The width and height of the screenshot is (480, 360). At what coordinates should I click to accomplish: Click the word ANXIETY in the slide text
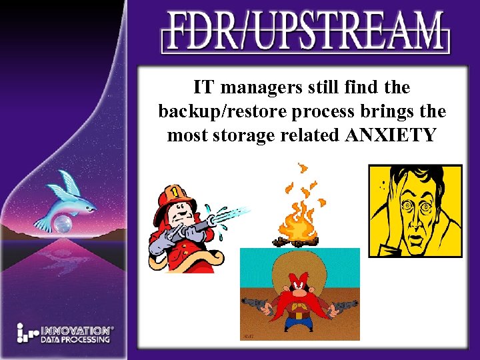(391, 135)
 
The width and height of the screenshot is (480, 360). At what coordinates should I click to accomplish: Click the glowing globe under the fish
(63, 224)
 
